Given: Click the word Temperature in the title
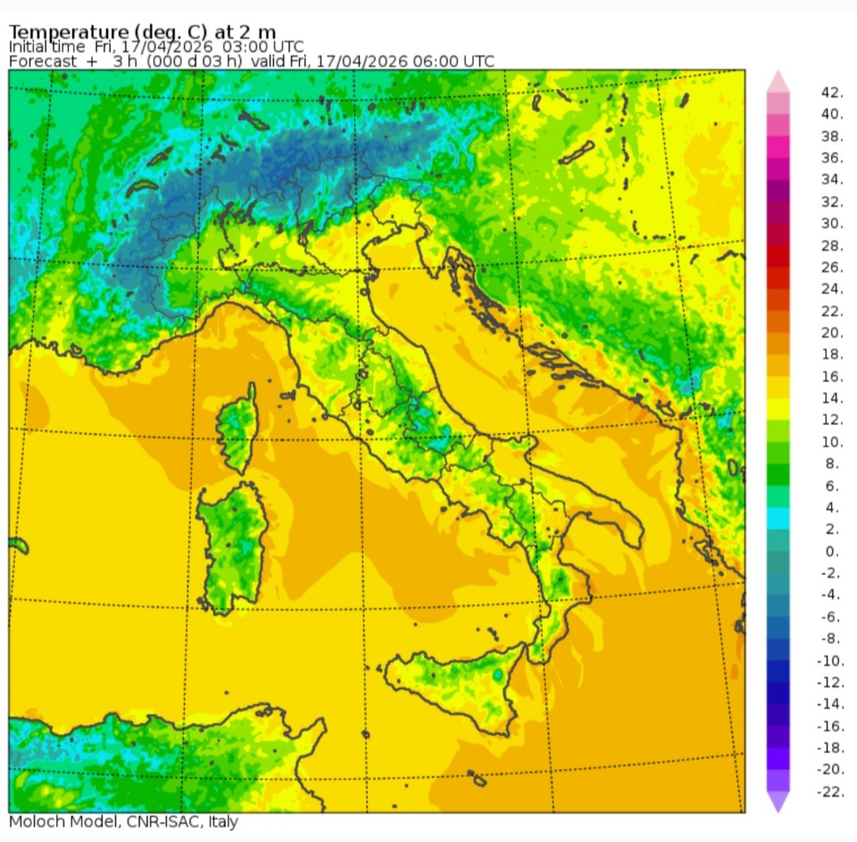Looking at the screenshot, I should (68, 32).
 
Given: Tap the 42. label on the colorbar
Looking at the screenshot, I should (832, 92).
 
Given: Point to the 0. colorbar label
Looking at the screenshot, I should (832, 551).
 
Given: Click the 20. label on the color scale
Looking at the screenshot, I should (832, 332).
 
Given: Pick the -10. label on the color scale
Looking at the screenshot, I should (830, 660).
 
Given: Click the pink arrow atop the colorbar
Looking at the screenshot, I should (778, 81).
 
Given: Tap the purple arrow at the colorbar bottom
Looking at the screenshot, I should (778, 802).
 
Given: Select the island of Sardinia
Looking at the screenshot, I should (231, 543).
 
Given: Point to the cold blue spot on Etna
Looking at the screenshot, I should (498, 675).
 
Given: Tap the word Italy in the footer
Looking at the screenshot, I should (223, 822).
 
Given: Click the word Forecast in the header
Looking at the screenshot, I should (43, 62).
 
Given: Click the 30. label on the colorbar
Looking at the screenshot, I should (832, 223).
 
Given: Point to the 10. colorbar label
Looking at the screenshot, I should (832, 442).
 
